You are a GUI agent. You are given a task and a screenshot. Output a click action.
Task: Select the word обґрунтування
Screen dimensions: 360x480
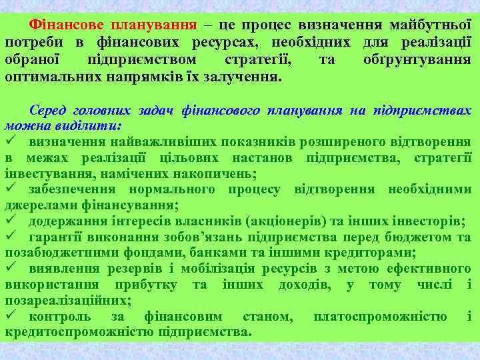pyautogui.click(x=417, y=60)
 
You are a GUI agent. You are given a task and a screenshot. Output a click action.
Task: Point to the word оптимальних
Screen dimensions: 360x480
pyautogui.click(x=52, y=77)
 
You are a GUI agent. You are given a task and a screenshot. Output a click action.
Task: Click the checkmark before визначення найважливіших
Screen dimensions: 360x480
pyautogui.click(x=10, y=141)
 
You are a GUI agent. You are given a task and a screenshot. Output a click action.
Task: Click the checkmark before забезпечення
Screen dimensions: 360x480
pyautogui.click(x=10, y=189)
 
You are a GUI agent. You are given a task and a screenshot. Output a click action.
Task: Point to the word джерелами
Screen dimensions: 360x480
pyautogui.click(x=36, y=205)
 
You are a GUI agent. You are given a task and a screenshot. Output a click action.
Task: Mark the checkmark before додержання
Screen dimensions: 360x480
pyautogui.click(x=10, y=221)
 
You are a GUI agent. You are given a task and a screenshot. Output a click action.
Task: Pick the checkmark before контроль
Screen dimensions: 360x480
pyautogui.click(x=10, y=316)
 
